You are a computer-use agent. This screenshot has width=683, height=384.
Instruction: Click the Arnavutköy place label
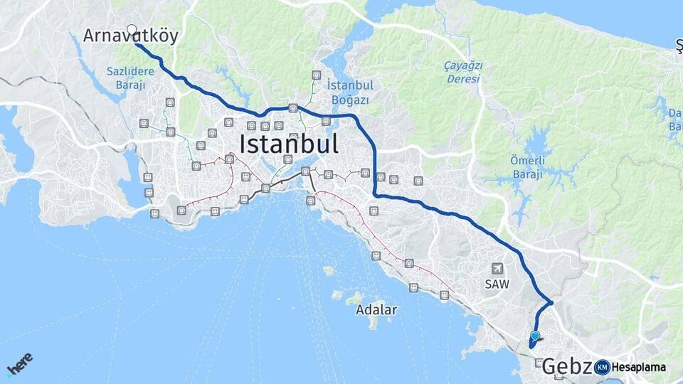130,36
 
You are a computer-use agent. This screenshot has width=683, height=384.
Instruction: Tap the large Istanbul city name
288,144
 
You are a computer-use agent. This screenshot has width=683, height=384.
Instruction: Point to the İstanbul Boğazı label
349,92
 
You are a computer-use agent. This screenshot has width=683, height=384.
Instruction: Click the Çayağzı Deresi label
464,72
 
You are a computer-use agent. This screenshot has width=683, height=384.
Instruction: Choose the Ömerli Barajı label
527,167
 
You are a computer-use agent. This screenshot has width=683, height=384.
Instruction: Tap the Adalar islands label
376,310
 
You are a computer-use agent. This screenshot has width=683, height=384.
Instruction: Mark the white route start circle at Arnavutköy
132,30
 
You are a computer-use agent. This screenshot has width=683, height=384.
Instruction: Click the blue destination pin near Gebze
535,336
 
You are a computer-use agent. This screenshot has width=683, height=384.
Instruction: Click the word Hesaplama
638,368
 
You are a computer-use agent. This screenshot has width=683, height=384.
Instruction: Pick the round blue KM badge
602,367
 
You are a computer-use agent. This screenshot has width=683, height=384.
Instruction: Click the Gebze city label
567,367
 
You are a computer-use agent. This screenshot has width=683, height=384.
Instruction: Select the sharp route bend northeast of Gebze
551,303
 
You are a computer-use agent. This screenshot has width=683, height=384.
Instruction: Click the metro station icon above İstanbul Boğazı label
316,75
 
